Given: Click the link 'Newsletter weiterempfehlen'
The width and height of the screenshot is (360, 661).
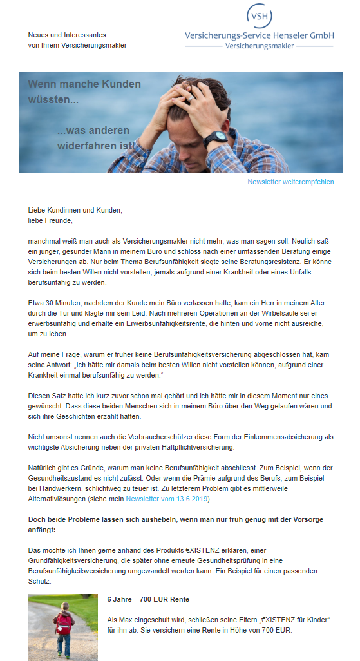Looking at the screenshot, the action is (x=290, y=182).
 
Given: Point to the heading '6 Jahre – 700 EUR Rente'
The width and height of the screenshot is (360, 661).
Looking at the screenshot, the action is (x=148, y=600).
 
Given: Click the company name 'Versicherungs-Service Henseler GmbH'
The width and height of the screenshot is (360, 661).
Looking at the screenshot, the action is (x=259, y=36).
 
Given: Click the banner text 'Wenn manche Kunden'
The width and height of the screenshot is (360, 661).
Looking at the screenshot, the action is (x=84, y=84).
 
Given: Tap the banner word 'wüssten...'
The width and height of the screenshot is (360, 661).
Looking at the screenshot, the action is (x=53, y=100).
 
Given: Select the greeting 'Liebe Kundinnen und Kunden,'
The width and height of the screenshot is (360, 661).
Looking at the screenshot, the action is (x=75, y=210).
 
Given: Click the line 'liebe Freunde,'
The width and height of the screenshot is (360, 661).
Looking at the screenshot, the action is (x=51, y=220).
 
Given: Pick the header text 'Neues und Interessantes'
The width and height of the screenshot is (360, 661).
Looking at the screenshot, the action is (x=67, y=35).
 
